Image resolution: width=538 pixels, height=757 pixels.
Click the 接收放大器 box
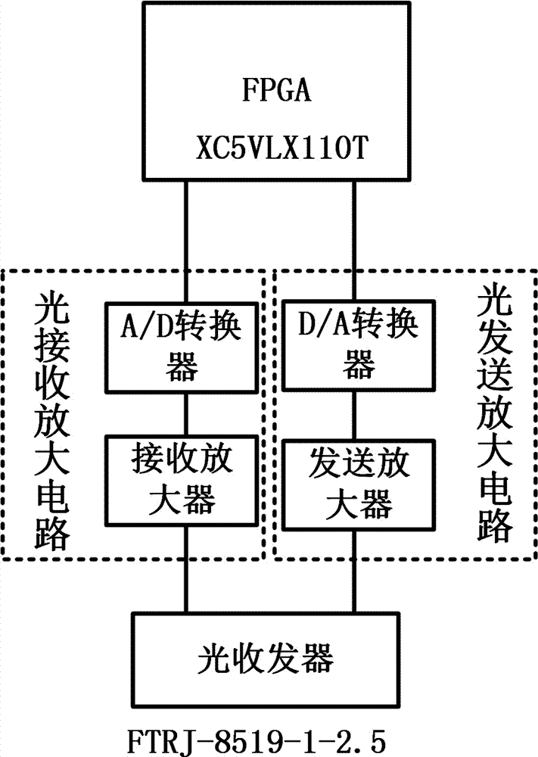pos(185,478)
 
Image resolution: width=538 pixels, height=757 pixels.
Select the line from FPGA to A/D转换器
pos(185,242)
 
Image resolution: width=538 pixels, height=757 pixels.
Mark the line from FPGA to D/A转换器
pos(356,242)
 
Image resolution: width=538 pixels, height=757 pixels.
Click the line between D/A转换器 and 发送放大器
pos(356,412)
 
